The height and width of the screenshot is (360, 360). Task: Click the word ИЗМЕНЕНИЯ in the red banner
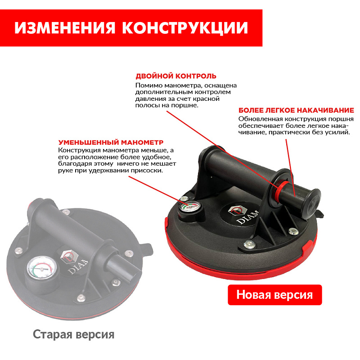pos(64,28)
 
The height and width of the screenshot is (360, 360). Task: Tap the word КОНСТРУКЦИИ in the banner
pos(185,28)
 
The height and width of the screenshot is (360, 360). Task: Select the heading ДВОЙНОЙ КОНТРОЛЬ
pos(176,76)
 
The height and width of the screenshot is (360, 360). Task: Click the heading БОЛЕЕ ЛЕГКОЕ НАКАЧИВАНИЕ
pos(296,110)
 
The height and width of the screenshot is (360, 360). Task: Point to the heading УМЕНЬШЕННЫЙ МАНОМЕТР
pos(111,142)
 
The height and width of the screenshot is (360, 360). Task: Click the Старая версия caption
pos(73,334)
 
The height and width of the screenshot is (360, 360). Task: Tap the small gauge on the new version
pos(189,207)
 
